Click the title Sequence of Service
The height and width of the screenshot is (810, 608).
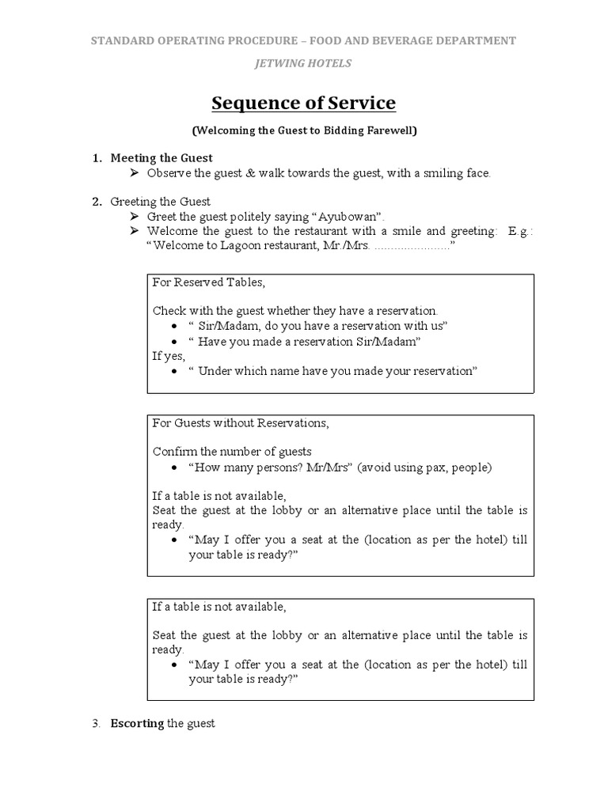pos(303,104)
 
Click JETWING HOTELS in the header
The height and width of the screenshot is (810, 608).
pos(303,62)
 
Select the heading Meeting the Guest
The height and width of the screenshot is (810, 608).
pos(161,158)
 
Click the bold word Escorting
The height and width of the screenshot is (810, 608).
pos(137,723)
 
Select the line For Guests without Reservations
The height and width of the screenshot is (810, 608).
pos(240,423)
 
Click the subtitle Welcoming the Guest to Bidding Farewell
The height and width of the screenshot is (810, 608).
pos(303,131)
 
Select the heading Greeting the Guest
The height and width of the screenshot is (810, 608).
pos(161,202)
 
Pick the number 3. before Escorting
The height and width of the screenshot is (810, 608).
pos(97,723)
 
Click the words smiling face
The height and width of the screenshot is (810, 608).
pos(457,173)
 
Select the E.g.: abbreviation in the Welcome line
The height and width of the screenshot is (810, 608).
pos(520,231)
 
